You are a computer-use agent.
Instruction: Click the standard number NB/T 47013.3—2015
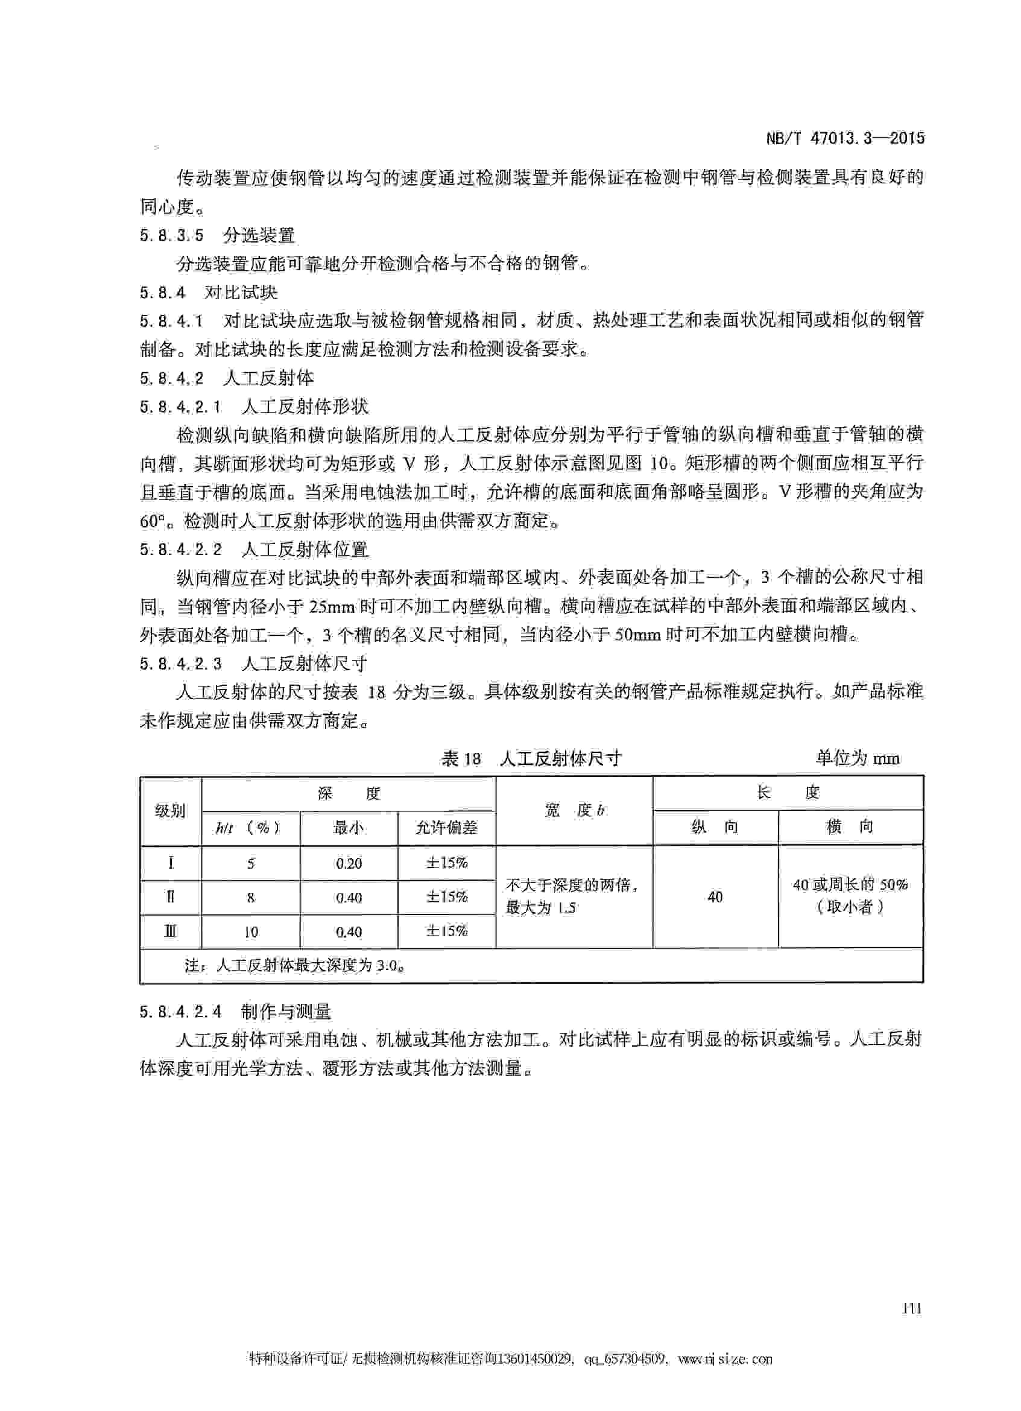pos(844,138)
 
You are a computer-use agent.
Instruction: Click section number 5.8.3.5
pos(172,236)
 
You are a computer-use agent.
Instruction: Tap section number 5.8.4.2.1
pos(180,407)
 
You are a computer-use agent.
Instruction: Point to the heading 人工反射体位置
pos(305,550)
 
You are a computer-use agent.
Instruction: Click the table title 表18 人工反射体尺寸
pos(531,758)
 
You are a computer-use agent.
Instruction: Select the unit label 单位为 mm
pos(858,758)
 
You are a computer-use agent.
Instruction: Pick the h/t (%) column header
pos(248,828)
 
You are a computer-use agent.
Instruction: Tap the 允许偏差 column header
pos(446,828)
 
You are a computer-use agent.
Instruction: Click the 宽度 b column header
pos(574,810)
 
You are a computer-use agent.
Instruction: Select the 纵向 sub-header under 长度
pos(715,827)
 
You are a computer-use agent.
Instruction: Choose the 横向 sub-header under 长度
pos(850,827)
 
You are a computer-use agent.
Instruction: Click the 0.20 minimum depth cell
pos(349,863)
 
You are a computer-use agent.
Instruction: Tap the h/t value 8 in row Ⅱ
pos(251,897)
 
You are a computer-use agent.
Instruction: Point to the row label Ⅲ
pos(171,931)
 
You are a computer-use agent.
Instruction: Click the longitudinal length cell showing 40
pos(715,896)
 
